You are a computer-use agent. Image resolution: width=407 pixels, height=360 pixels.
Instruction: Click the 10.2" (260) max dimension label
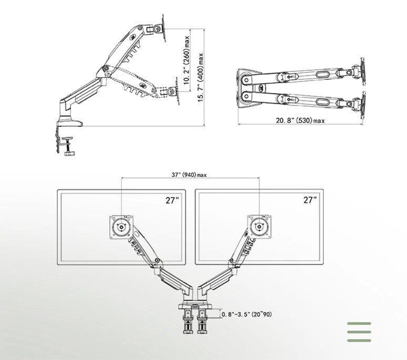pos(186,60)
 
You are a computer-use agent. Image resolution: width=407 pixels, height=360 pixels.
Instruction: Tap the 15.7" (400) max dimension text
pos(201,77)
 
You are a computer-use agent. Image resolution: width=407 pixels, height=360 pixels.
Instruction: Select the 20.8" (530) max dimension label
pos(300,120)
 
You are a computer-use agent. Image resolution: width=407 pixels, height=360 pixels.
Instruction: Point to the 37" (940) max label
pos(189,175)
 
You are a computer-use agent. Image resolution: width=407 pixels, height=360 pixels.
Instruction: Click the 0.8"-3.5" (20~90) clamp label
pos(247,314)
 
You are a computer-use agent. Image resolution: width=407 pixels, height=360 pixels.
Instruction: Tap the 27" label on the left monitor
pos(172,200)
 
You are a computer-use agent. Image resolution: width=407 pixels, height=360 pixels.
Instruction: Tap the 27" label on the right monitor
pos(310,200)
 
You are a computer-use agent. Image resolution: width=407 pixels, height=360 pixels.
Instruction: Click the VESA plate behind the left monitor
pos(121,227)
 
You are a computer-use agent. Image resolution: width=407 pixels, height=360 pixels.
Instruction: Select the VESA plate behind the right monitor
pos(259,227)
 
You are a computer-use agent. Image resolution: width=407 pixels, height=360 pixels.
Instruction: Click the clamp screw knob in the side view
pos(69,154)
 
